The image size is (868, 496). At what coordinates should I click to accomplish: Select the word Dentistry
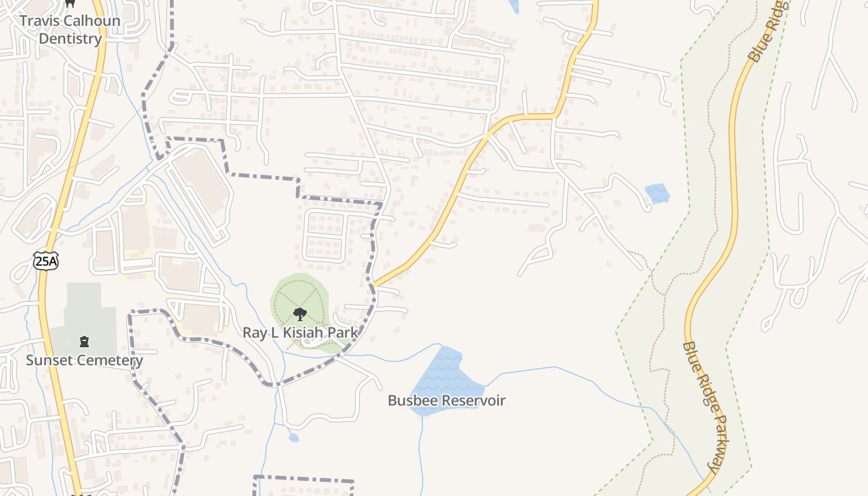pyautogui.click(x=70, y=38)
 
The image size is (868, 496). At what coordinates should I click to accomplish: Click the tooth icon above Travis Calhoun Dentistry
pyautogui.click(x=70, y=4)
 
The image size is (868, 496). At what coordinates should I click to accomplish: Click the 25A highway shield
pyautogui.click(x=46, y=261)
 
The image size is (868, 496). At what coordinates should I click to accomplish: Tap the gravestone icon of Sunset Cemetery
pyautogui.click(x=84, y=341)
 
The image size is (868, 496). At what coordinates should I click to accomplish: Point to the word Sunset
pyautogui.click(x=48, y=360)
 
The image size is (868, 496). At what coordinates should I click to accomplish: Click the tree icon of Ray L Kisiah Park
pyautogui.click(x=300, y=314)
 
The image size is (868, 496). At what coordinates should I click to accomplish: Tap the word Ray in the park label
pyautogui.click(x=254, y=333)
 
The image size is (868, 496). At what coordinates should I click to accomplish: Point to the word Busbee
pyautogui.click(x=410, y=401)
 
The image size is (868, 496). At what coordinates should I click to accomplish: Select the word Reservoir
pyautogui.click(x=471, y=401)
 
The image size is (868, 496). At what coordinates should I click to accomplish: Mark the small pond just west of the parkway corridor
pyautogui.click(x=658, y=193)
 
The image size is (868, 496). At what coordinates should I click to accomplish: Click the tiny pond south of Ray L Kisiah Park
pyautogui.click(x=293, y=438)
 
